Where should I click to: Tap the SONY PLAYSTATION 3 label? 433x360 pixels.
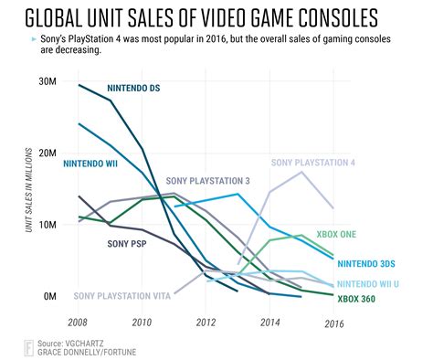point(209,180)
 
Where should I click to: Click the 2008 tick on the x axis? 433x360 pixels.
point(79,323)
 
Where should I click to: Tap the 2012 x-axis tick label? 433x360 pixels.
point(206,323)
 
